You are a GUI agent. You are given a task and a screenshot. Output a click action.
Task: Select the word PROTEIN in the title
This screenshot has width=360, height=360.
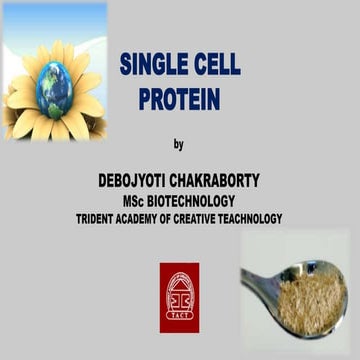180,100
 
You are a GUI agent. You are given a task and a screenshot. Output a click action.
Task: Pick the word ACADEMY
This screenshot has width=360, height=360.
148,219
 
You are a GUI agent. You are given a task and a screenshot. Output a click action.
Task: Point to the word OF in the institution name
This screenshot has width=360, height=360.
180,219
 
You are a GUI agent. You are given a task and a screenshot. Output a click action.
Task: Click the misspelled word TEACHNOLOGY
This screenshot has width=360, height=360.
260,219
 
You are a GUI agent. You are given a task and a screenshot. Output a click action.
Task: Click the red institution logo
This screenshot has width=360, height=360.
179,297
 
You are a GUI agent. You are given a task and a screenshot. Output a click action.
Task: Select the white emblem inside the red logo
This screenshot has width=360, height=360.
179,293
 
